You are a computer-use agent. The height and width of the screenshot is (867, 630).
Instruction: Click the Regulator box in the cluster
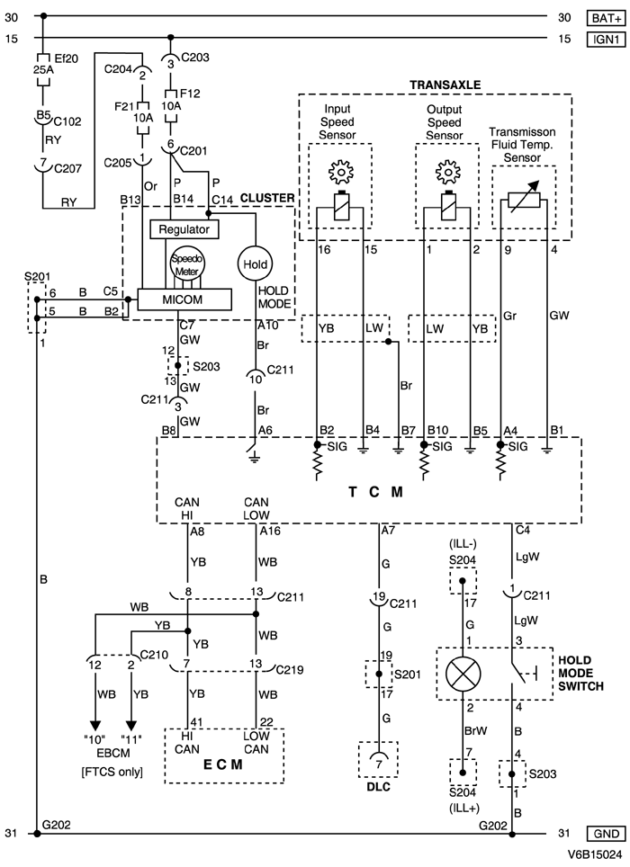pyautogui.click(x=184, y=229)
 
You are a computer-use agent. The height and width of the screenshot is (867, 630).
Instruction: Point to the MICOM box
pyautogui.click(x=184, y=298)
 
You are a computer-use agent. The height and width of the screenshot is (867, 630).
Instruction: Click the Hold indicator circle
pyautogui.click(x=254, y=264)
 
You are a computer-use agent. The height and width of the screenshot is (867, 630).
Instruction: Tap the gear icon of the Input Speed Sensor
pyautogui.click(x=341, y=172)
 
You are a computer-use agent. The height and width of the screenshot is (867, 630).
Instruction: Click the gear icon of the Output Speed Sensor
pyautogui.click(x=447, y=172)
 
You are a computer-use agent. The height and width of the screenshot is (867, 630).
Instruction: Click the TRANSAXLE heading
pyautogui.click(x=445, y=85)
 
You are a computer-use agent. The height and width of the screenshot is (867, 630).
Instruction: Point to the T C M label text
pyautogui.click(x=372, y=493)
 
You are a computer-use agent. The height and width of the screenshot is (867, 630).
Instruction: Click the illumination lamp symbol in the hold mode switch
pyautogui.click(x=463, y=674)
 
